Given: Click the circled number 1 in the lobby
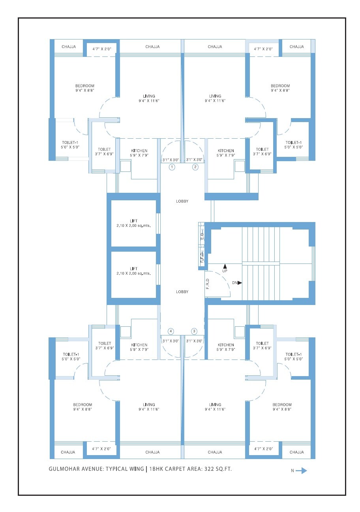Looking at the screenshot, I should click(172, 167).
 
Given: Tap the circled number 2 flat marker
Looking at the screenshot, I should click(195, 167).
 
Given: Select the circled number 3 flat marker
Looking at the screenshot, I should click(194, 331).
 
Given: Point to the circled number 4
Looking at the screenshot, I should click(171, 331).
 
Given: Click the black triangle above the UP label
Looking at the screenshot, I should click(225, 267).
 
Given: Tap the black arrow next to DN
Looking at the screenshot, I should click(240, 283).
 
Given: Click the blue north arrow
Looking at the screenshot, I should click(302, 471).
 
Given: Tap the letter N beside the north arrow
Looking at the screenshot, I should click(292, 471).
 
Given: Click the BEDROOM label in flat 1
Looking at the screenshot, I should click(85, 86).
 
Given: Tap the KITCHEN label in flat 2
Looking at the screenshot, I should click(226, 151).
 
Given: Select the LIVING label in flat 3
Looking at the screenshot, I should click(215, 405).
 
